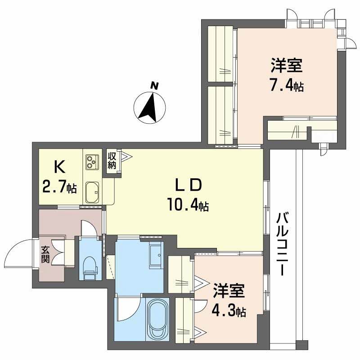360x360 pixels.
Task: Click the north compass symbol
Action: point(150,108)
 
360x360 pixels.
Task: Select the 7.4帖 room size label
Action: point(287,85)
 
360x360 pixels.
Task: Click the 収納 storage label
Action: point(112,160)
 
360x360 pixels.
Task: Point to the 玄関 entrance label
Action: point(45,254)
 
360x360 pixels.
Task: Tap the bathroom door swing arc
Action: point(128,308)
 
